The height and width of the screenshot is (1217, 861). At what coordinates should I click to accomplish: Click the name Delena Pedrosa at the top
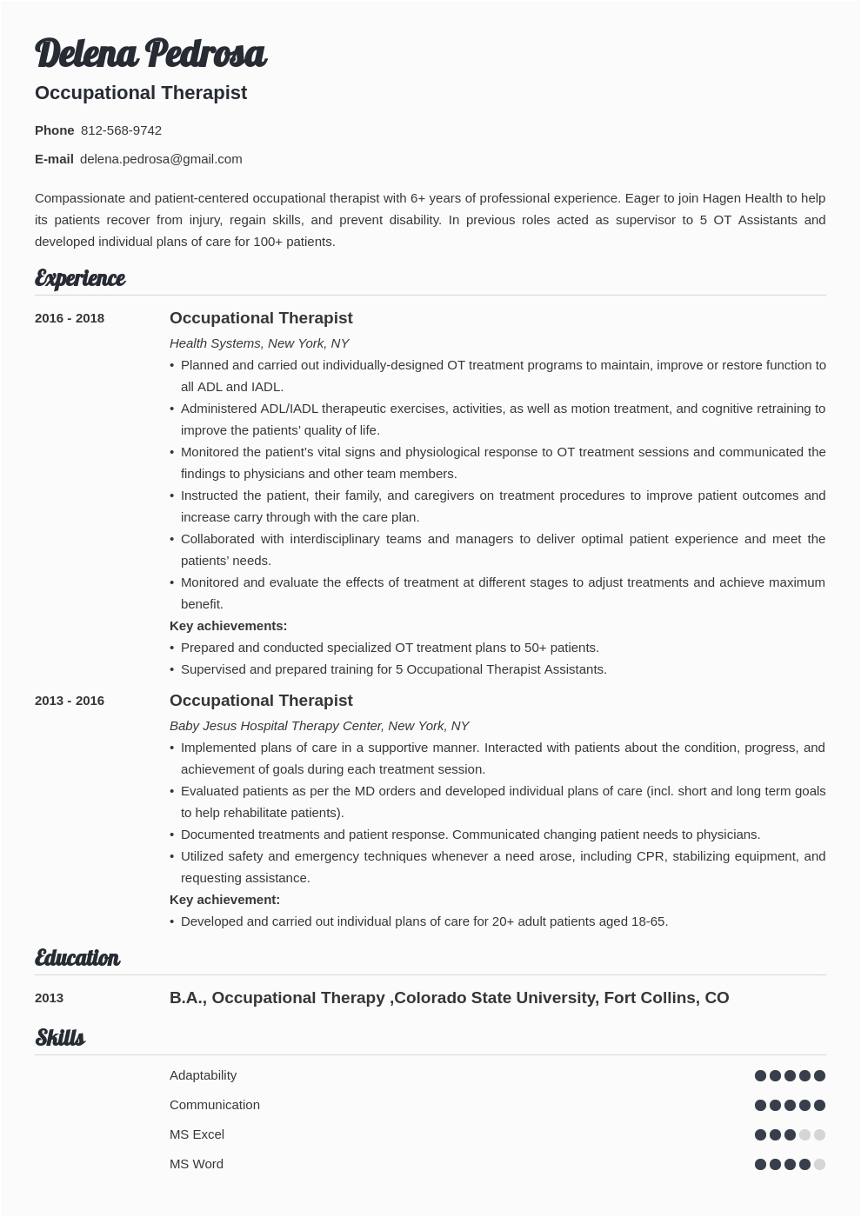pos(150,54)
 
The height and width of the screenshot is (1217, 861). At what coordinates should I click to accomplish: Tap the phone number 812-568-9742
pos(121,130)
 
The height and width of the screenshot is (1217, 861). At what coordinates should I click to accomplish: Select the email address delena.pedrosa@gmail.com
pos(161,159)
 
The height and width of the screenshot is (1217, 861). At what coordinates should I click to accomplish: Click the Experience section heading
pos(80,278)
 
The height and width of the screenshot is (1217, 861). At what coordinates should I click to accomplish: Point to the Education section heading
pos(77,958)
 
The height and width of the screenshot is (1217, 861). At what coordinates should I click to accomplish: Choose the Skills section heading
pos(60,1038)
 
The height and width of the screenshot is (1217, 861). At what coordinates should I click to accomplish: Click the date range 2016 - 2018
pos(70,318)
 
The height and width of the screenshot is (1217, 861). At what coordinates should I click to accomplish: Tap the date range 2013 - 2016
pos(70,701)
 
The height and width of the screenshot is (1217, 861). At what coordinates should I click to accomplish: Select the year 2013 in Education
pos(49,998)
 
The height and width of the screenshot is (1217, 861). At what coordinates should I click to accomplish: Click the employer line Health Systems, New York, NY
pos(259,343)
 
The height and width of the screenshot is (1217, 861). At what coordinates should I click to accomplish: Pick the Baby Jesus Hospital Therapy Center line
pos(319,726)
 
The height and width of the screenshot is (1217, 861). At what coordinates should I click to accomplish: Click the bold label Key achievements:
pos(228,626)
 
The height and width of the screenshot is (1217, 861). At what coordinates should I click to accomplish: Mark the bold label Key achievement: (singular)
pos(224,900)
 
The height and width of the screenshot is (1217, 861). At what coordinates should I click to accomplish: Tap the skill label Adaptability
pos(203,1075)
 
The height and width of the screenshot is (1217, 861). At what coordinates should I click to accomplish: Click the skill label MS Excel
pos(197,1134)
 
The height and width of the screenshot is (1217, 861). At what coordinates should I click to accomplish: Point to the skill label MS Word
pos(196,1164)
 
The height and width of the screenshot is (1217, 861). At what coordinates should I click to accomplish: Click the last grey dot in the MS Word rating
pos(819,1164)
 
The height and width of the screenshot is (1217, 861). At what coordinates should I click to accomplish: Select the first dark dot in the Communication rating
pos(761,1105)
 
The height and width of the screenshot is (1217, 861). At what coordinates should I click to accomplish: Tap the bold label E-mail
pos(54,159)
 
